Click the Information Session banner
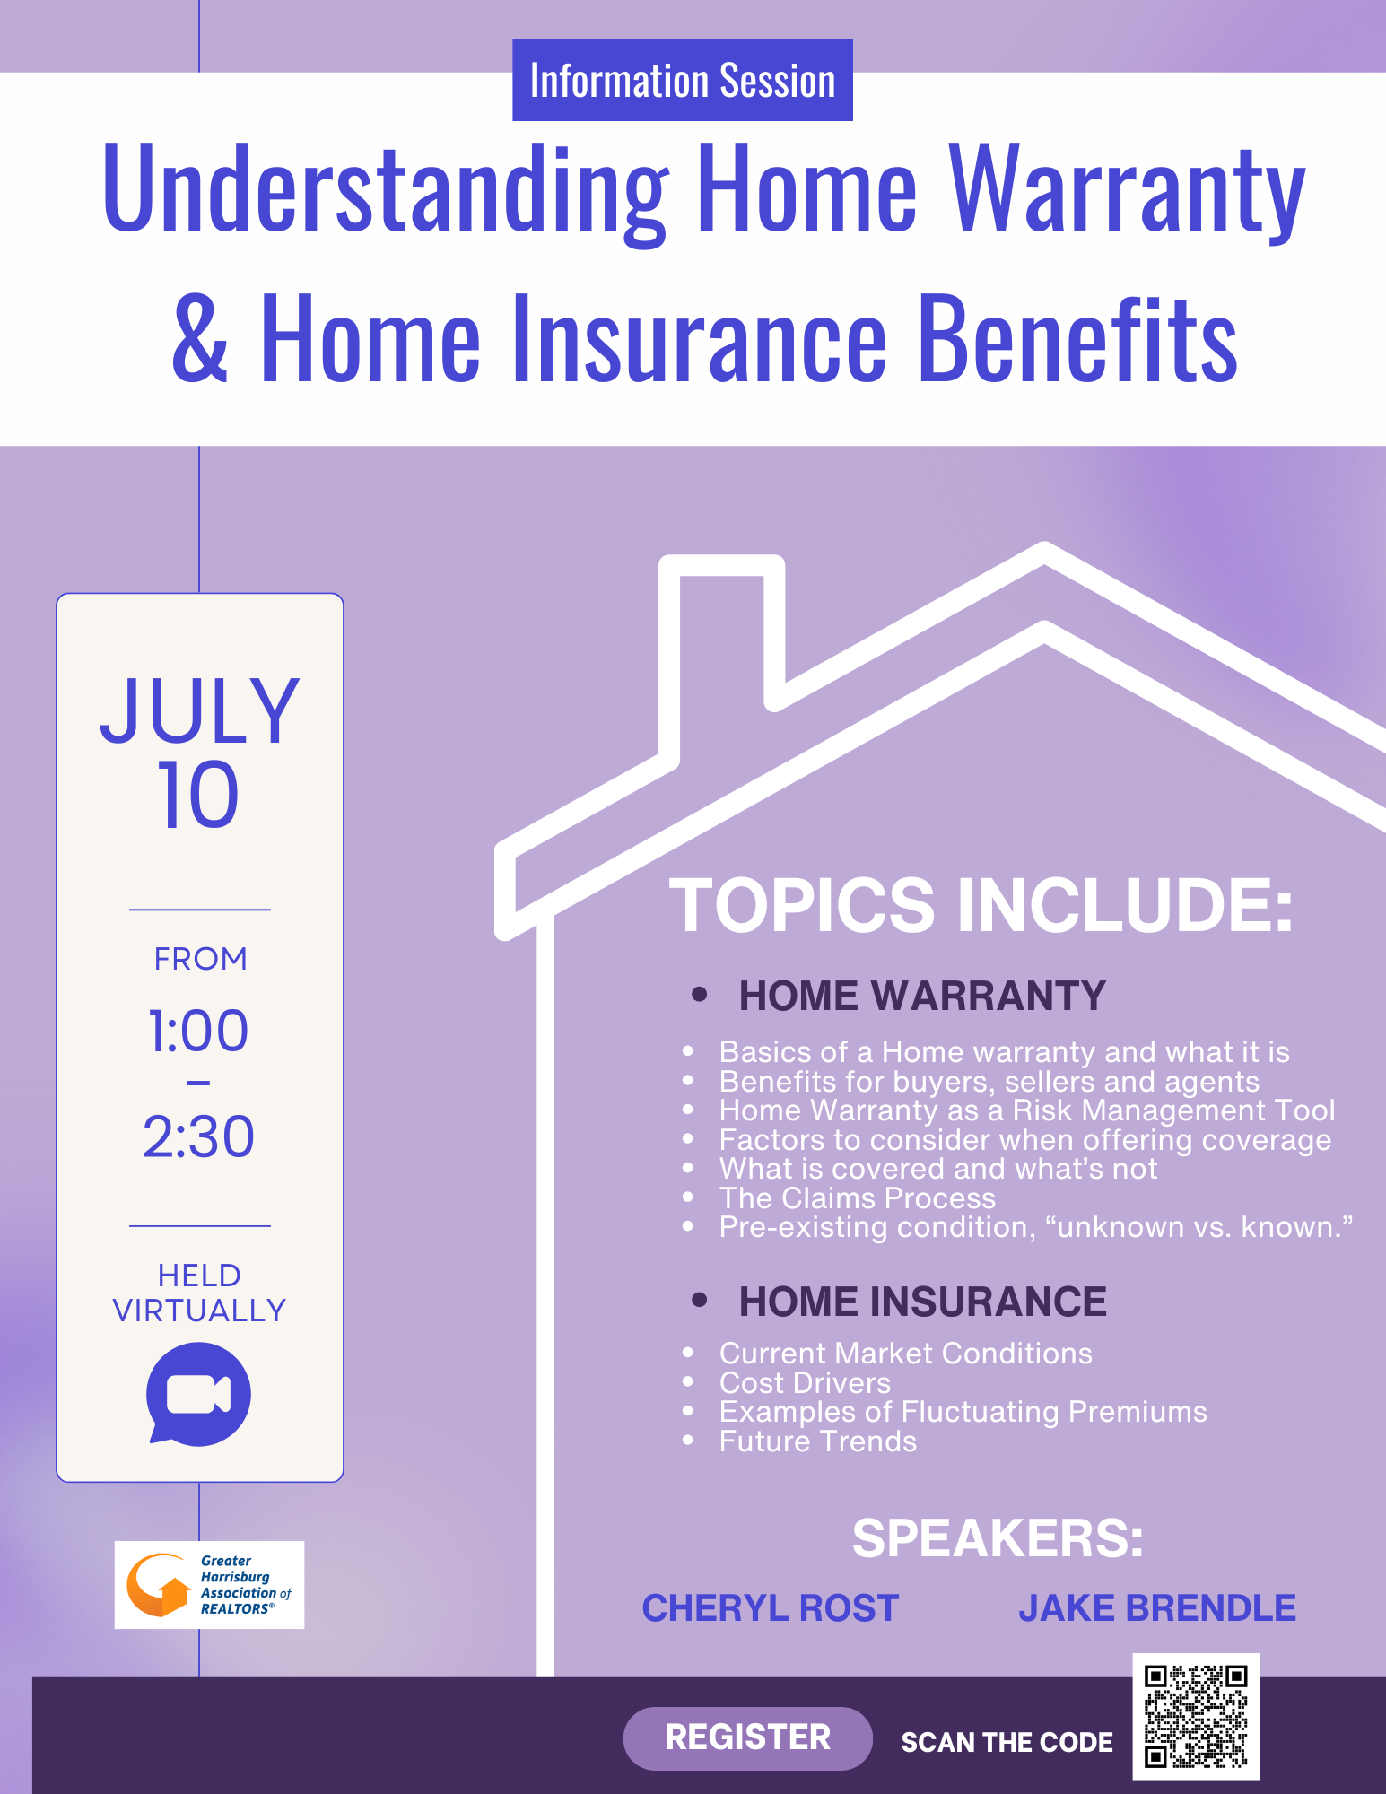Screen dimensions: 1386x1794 pos(683,80)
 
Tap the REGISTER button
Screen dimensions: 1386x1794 pos(747,1737)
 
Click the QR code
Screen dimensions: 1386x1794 pos(1196,1716)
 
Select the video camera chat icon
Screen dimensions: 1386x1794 pos(198,1394)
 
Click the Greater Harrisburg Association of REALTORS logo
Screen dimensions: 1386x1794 pos(209,1585)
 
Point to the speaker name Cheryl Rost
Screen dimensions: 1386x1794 pos(771,1608)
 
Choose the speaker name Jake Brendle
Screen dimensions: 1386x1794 pos(1157,1608)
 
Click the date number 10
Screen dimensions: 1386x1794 pos(198,795)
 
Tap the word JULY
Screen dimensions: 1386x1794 pos(199,710)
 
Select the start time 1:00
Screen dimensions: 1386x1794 pos(198,1031)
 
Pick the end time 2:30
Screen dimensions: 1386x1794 pos(198,1136)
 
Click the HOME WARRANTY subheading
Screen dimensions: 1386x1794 pos(922,996)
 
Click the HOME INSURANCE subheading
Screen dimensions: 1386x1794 pos(923,1302)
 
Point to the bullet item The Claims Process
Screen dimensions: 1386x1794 pos(858,1197)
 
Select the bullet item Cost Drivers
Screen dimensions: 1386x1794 pos(805,1382)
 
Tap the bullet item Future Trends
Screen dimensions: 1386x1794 pos(818,1441)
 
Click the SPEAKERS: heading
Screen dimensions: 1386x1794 pos(998,1538)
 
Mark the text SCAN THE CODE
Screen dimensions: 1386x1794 pos(1007,1742)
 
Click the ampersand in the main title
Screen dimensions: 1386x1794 pos(200,338)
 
